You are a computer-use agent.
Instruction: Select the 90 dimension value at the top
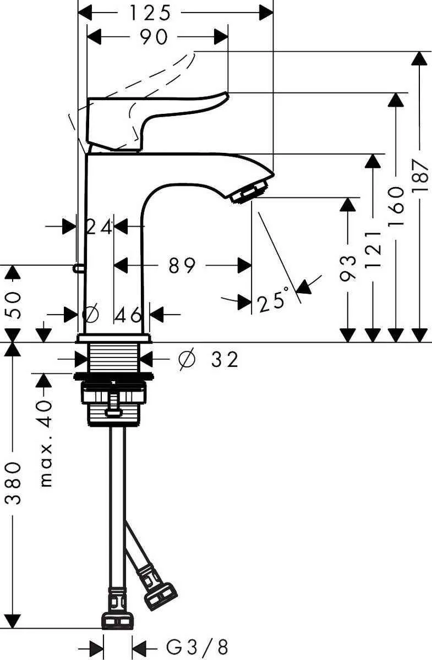[154, 37]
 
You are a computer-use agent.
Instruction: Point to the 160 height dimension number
[395, 207]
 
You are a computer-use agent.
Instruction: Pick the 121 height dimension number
[373, 249]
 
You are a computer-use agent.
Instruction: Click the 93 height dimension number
[347, 268]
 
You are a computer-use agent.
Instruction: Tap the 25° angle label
[273, 301]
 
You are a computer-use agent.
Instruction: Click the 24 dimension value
[99, 226]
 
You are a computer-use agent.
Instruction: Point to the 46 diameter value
[129, 315]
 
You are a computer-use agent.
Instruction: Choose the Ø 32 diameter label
[209, 360]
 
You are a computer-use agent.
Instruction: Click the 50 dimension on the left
[14, 304]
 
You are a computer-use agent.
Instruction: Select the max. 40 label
[46, 443]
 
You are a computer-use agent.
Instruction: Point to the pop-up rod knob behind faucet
[78, 268]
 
